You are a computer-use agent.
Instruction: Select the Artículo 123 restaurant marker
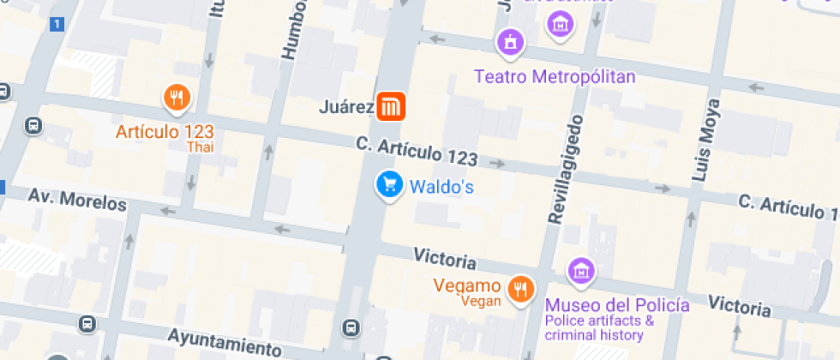tap(177, 99)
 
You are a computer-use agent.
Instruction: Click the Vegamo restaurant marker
tap(519, 289)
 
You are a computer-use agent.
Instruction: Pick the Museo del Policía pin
tap(581, 272)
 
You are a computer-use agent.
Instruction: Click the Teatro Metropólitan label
tap(555, 77)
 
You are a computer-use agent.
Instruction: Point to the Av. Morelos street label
tap(77, 200)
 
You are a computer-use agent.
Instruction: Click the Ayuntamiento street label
tap(225, 342)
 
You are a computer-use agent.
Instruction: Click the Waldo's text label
tap(441, 186)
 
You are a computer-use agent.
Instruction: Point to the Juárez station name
tap(345, 108)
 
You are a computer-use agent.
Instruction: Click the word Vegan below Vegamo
tap(480, 301)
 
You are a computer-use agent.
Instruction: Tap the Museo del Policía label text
tap(617, 305)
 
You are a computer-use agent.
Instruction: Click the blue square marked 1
tap(57, 24)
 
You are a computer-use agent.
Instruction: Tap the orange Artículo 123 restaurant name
tap(165, 132)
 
